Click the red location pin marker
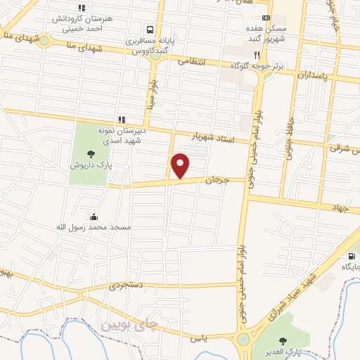coord(181,166)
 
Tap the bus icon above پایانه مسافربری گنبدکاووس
coord(150,30)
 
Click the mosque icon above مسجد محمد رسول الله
coord(93,217)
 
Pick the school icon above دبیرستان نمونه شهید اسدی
coord(122,119)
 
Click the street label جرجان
coord(217,181)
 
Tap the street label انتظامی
coord(191,62)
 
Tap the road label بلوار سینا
coord(150,98)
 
